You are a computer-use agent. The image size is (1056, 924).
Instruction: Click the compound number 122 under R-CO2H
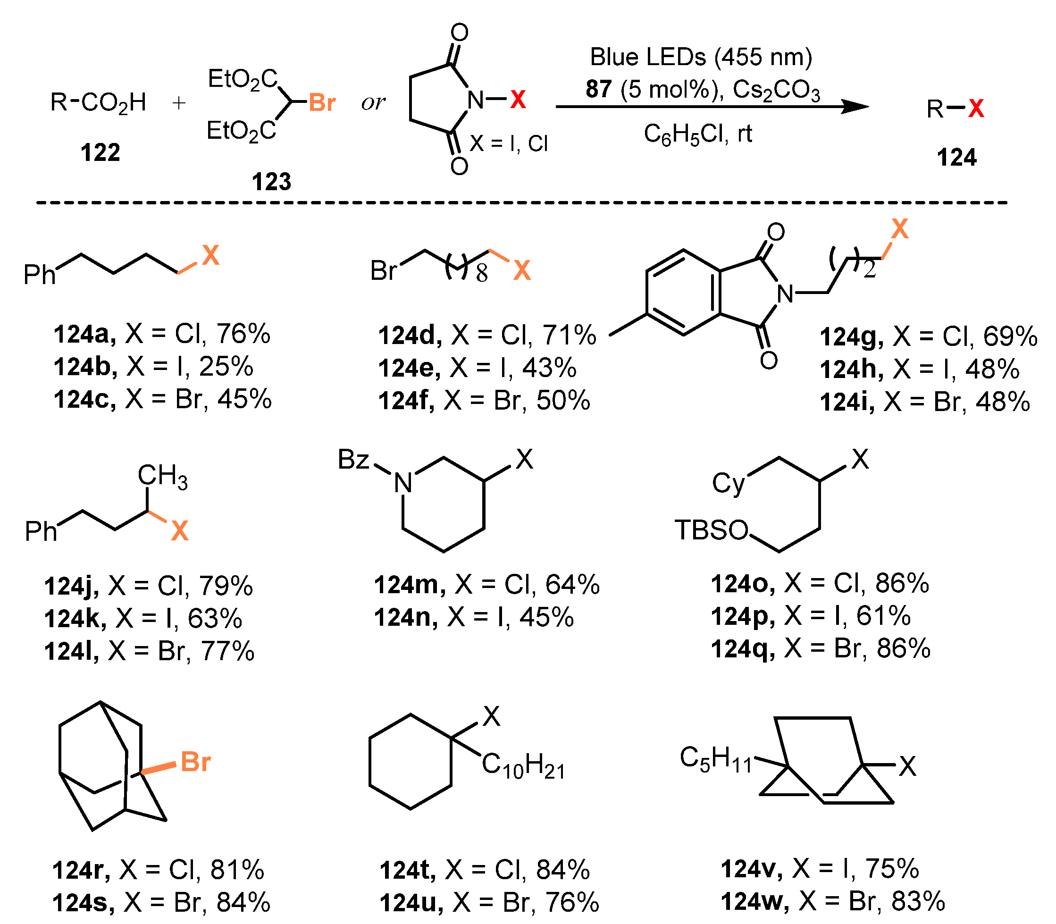tap(100, 152)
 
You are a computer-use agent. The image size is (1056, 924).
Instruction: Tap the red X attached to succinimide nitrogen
tap(518, 99)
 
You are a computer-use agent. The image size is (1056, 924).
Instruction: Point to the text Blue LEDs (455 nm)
tap(701, 57)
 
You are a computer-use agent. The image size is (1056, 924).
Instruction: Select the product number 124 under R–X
tap(956, 157)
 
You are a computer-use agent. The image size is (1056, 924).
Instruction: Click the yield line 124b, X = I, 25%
tap(154, 367)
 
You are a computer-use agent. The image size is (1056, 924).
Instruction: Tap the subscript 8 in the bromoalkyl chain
tap(482, 274)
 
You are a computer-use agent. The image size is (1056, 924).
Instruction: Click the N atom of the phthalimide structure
tap(785, 294)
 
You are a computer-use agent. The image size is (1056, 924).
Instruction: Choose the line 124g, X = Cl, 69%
tap(928, 336)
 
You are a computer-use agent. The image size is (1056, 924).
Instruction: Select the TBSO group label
tap(711, 530)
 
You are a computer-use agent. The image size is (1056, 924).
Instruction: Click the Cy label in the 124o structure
tap(728, 484)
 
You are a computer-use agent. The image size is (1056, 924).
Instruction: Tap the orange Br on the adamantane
tap(195, 762)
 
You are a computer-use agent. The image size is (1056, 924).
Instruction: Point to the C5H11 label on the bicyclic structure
tap(716, 759)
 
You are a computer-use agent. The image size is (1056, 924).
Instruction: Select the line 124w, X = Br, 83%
tap(832, 901)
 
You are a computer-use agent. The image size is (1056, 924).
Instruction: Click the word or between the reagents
tap(373, 102)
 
